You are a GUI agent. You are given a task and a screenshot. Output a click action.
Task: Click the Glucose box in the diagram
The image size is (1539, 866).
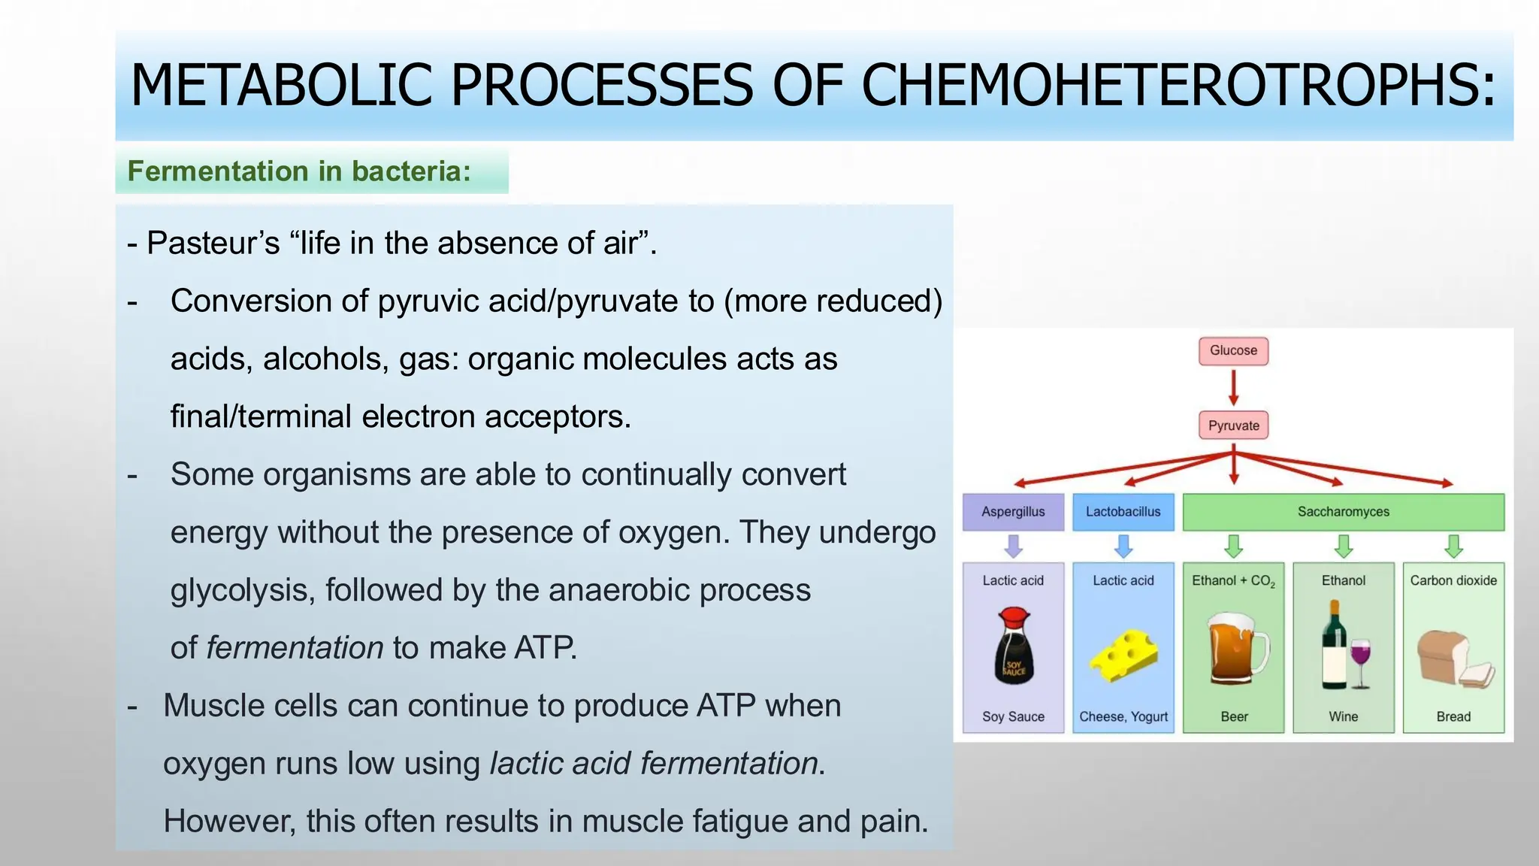coord(1233,351)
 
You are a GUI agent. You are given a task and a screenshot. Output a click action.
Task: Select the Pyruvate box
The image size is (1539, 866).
coord(1233,425)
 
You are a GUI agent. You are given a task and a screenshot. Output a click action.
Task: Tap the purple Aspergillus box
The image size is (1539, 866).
coord(1013,512)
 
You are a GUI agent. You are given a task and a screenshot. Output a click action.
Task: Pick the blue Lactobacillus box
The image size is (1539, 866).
coord(1123,512)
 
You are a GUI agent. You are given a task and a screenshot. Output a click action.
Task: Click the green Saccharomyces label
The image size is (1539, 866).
coord(1343,512)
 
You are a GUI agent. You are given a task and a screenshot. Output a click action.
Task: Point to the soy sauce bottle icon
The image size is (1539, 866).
coord(1014,646)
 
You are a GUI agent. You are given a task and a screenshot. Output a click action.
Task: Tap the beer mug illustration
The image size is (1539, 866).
coord(1235,648)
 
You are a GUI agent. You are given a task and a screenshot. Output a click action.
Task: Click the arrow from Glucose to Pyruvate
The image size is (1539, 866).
coord(1233,388)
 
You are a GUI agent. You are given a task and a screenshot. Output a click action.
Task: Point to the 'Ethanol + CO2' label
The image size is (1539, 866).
coord(1233,581)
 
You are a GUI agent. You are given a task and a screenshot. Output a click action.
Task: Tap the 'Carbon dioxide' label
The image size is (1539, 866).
coord(1453,580)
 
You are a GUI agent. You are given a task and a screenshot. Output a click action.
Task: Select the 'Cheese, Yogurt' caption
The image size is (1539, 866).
coord(1123,716)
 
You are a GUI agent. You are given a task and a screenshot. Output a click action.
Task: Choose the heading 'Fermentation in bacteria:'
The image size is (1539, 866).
coord(299,171)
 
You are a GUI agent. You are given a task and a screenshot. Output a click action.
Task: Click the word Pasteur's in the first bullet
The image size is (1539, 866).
coord(213,244)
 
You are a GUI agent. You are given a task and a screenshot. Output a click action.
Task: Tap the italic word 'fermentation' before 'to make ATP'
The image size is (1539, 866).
coord(295,648)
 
